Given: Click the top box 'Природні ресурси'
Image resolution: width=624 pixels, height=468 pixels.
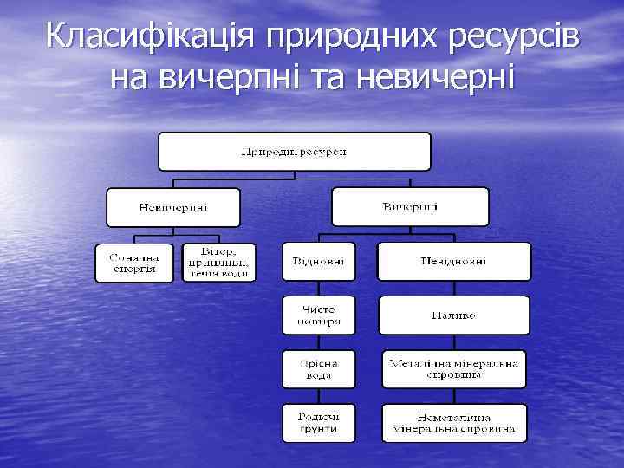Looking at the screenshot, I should [x=294, y=151].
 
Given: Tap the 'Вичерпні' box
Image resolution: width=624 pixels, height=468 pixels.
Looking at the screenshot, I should [x=410, y=207].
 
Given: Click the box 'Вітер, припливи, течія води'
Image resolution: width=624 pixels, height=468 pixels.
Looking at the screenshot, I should [x=219, y=262].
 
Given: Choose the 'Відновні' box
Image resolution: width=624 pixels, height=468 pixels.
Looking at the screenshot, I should [x=318, y=262].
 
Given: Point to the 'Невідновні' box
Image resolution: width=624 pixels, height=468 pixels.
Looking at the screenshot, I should [x=453, y=262].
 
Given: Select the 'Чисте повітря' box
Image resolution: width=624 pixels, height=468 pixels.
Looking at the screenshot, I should [x=318, y=315].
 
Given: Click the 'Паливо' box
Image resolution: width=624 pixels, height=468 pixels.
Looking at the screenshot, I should [x=453, y=315].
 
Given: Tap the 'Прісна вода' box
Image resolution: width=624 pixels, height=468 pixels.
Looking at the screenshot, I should [x=318, y=369].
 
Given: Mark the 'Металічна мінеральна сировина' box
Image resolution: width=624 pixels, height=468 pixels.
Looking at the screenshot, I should [x=454, y=369].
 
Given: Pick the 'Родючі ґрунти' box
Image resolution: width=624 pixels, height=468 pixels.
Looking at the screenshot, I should [x=318, y=423].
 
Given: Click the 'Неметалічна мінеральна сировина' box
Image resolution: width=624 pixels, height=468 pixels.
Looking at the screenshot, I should [x=454, y=423].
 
